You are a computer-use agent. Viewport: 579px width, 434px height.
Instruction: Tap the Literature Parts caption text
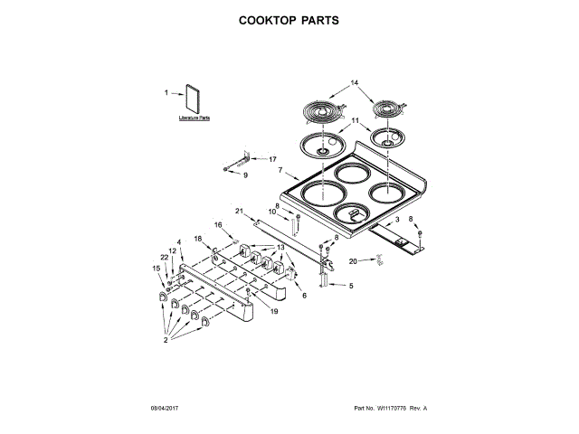coord(193,118)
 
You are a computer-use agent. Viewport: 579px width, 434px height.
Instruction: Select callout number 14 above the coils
coord(355,84)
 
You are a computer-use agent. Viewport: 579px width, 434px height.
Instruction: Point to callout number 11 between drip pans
coord(355,121)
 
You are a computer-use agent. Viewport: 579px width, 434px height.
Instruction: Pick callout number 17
coord(271,159)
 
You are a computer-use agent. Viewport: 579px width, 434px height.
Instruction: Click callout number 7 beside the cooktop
coord(280,171)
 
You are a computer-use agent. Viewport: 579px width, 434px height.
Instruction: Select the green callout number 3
coord(395,220)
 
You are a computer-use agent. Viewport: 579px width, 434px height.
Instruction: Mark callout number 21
coord(240,211)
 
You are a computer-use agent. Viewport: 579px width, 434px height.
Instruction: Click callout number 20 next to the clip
coord(355,261)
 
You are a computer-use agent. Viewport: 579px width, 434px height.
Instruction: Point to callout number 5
coord(352,286)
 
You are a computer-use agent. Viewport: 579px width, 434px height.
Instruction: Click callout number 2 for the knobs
coord(166,341)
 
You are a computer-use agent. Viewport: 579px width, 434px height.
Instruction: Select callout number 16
coord(217,224)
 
